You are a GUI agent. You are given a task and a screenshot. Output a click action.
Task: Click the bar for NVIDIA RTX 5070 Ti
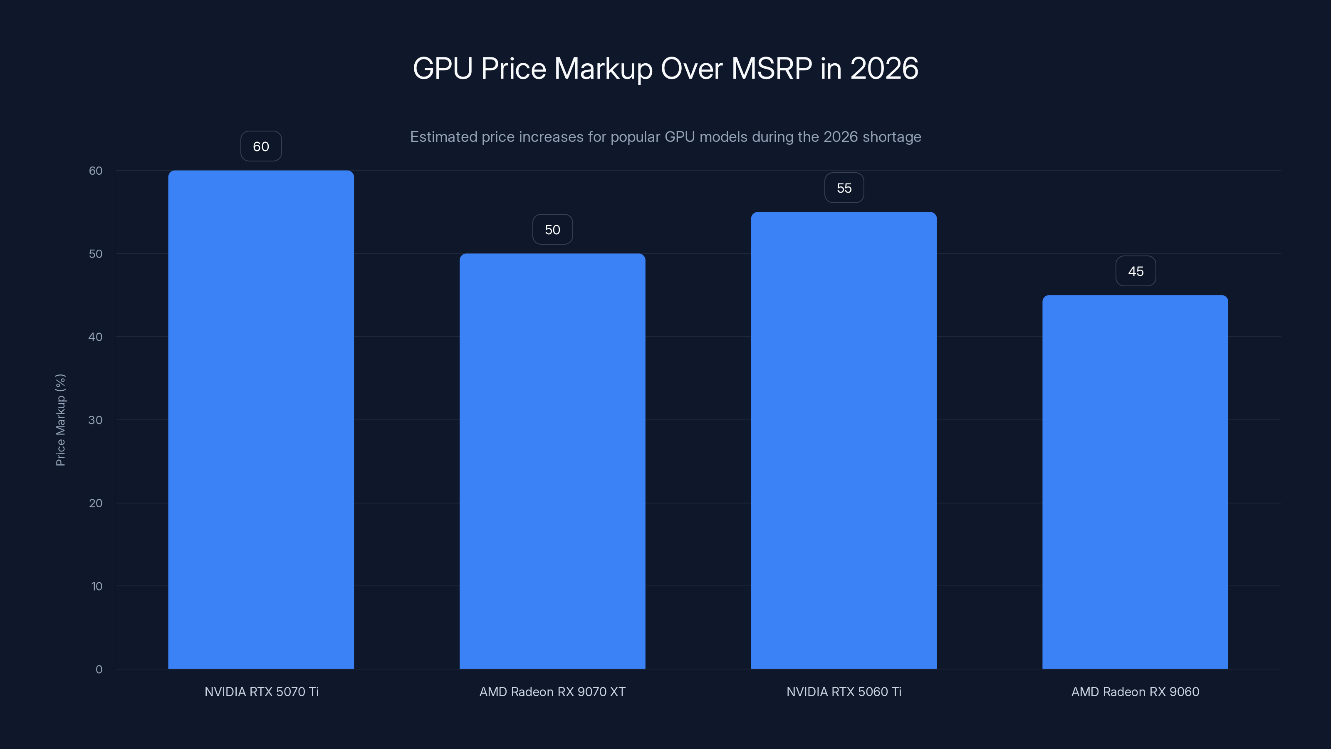pyautogui.click(x=261, y=419)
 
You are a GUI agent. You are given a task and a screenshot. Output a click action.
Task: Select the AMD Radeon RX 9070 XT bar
pyautogui.click(x=552, y=460)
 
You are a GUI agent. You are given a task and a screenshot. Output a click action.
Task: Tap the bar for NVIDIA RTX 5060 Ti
pyautogui.click(x=844, y=439)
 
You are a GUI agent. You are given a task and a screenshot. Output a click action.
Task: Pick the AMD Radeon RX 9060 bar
pyautogui.click(x=1135, y=481)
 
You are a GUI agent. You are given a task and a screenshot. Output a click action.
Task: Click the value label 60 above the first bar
pyautogui.click(x=261, y=146)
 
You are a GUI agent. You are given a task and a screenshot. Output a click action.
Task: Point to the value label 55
pyautogui.click(x=844, y=188)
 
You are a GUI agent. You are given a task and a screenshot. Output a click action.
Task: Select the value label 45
pyautogui.click(x=1135, y=271)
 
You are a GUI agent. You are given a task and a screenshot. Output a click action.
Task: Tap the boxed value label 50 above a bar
pyautogui.click(x=552, y=230)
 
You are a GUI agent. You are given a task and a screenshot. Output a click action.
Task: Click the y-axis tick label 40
pyautogui.click(x=96, y=337)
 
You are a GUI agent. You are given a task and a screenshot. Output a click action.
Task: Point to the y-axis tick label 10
pyautogui.click(x=96, y=586)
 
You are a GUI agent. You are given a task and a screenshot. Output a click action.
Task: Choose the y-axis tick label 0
pyautogui.click(x=99, y=670)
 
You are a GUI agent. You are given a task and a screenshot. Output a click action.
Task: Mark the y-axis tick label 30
pyautogui.click(x=96, y=420)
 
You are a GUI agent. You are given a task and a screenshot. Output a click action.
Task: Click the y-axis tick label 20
pyautogui.click(x=96, y=503)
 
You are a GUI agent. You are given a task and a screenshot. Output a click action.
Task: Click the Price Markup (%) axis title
pyautogui.click(x=60, y=420)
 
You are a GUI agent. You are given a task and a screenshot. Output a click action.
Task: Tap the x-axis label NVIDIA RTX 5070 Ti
pyautogui.click(x=262, y=692)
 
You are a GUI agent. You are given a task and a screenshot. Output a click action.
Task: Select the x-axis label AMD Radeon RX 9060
pyautogui.click(x=1135, y=692)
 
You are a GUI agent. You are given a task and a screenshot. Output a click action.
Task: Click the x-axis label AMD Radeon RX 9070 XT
pyautogui.click(x=552, y=692)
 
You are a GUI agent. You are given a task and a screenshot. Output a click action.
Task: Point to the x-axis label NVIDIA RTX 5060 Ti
pyautogui.click(x=844, y=692)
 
